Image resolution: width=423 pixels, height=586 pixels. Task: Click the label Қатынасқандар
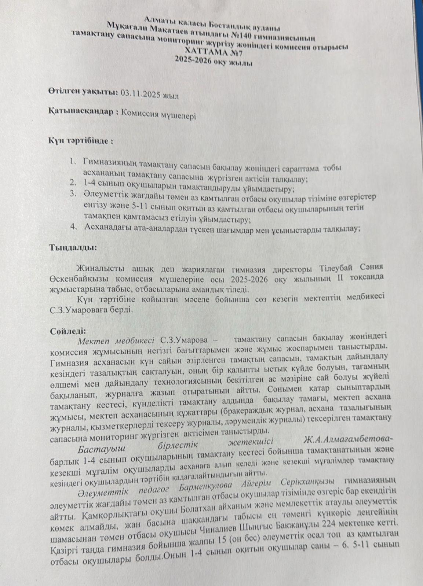[83, 112]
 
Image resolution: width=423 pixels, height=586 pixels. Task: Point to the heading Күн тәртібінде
[81, 141]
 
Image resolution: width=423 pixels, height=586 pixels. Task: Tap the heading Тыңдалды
[73, 248]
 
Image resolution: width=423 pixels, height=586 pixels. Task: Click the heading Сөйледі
[68, 330]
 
